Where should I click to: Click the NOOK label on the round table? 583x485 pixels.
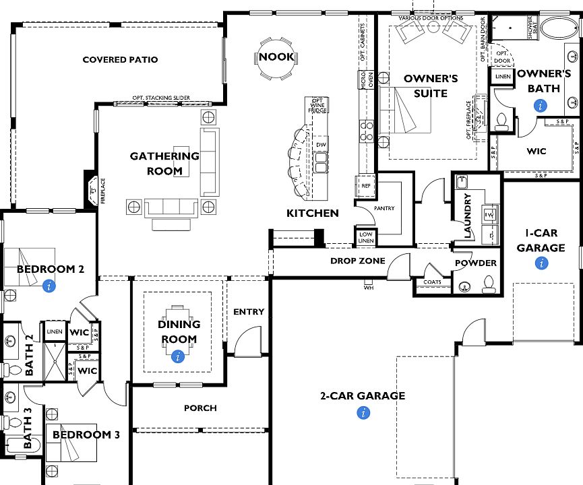[x=276, y=57]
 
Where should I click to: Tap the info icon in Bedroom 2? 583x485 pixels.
[x=49, y=286]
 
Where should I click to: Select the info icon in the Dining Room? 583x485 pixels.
[x=178, y=356]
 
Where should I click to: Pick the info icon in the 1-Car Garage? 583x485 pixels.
[x=541, y=264]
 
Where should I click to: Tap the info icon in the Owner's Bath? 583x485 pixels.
[x=539, y=105]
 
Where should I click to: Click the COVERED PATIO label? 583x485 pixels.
[x=120, y=60]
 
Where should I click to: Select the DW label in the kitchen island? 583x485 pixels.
[x=321, y=145]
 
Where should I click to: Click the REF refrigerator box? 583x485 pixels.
[x=366, y=186]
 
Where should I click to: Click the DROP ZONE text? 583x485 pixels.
[x=357, y=261]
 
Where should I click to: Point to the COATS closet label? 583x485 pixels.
[x=433, y=282]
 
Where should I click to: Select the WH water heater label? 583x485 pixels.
[x=368, y=288]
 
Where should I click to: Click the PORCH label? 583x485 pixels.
[x=200, y=408]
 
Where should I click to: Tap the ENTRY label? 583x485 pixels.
[x=248, y=312]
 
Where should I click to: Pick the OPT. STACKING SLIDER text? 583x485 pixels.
[x=160, y=98]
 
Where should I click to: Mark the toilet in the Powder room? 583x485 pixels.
[x=490, y=283]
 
